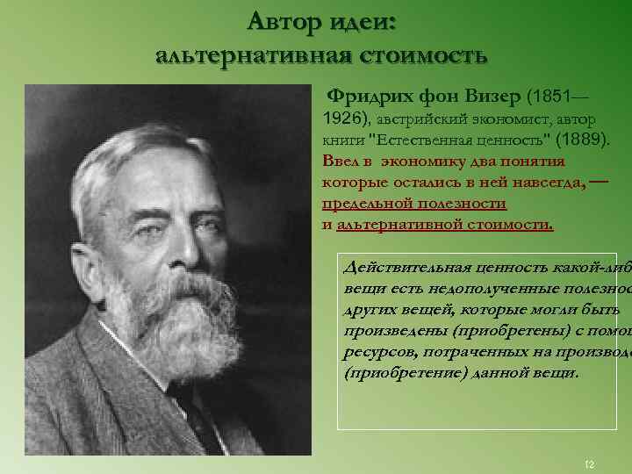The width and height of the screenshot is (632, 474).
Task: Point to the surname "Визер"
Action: (488, 95)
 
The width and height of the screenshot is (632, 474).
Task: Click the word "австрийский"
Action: (424, 118)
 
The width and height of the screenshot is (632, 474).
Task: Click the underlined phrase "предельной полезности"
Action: (414, 203)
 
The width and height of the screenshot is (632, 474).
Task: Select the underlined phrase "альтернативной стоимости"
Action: (445, 224)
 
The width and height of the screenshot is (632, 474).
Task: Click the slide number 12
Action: (589, 463)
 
